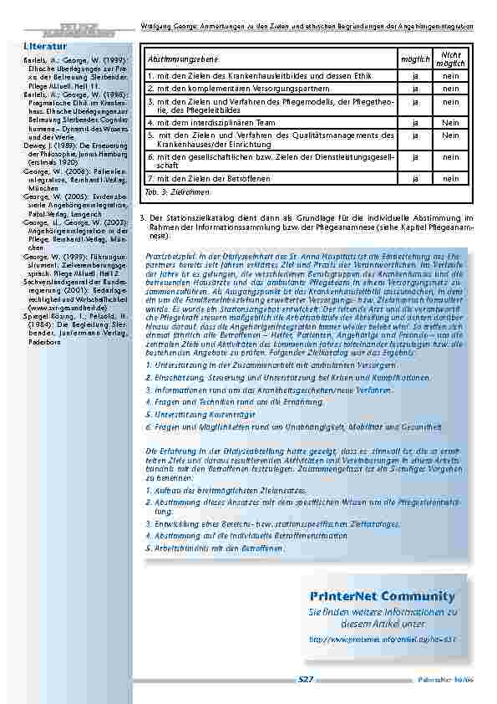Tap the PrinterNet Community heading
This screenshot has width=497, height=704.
(382, 596)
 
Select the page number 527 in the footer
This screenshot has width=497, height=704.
(306, 680)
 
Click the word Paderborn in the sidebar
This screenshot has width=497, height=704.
(46, 342)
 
